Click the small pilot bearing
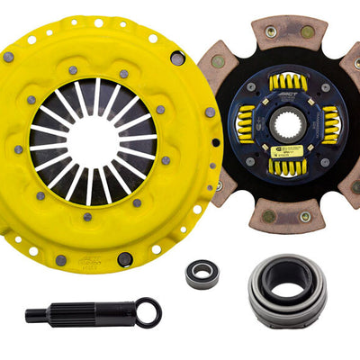point(202,275)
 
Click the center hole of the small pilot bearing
point(202,275)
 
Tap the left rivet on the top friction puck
point(271,31)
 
